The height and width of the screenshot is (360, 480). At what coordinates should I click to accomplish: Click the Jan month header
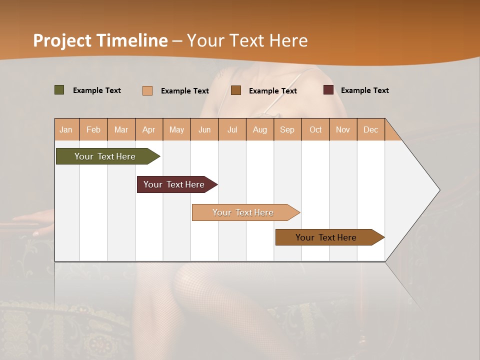[66, 129]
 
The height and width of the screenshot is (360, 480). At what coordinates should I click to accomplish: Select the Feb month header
[93, 129]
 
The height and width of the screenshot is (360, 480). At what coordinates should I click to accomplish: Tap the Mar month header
[121, 129]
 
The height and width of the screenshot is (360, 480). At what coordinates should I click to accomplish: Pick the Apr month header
[149, 129]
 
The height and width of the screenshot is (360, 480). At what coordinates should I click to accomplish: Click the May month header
[176, 129]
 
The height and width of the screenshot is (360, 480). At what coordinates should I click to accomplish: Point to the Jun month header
[204, 129]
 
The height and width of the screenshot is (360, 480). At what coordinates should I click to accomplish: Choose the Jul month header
[232, 129]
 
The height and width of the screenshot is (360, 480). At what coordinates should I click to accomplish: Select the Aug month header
[260, 129]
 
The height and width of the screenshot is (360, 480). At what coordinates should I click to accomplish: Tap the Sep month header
[287, 129]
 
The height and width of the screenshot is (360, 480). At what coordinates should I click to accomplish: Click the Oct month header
[315, 129]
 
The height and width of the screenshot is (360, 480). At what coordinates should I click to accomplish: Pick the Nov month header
[343, 129]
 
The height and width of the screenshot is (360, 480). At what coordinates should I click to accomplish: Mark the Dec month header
[370, 129]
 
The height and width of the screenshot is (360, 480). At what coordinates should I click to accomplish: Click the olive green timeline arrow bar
[105, 156]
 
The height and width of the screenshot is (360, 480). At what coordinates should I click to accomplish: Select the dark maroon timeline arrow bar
[174, 184]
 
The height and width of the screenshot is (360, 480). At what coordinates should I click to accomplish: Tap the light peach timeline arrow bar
[243, 212]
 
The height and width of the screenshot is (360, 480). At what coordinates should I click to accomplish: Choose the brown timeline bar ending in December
[326, 237]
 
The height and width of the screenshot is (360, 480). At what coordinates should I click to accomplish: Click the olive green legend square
[59, 90]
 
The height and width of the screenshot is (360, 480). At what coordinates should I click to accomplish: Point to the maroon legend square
[328, 90]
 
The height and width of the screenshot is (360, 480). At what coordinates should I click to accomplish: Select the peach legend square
[147, 90]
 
